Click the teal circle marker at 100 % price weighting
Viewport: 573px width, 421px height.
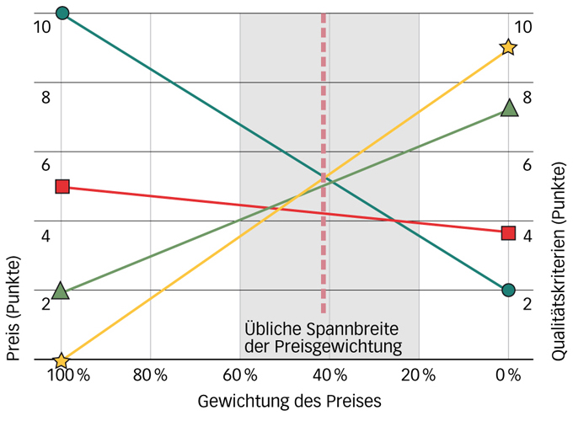[62, 13]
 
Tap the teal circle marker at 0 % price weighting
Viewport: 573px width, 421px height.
[508, 290]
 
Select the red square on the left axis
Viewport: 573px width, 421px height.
[62, 186]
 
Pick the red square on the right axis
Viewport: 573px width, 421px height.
[508, 232]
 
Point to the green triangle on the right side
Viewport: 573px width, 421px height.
[508, 108]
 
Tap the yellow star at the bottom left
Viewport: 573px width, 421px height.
[61, 361]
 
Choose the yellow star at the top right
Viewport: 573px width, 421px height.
[507, 47]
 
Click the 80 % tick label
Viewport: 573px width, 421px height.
[151, 375]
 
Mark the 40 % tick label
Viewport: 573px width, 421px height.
[329, 375]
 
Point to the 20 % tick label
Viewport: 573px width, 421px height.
[418, 375]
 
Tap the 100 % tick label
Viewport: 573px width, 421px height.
[67, 375]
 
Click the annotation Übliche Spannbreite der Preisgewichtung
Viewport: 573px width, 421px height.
[321, 338]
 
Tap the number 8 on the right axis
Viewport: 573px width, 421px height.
[527, 98]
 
